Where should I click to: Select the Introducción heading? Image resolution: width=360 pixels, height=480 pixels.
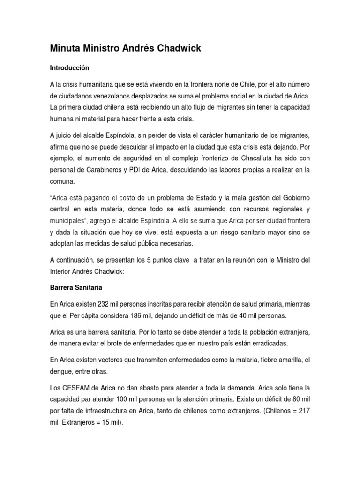coord(69,68)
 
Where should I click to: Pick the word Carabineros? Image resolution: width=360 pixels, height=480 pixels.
coord(102,169)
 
